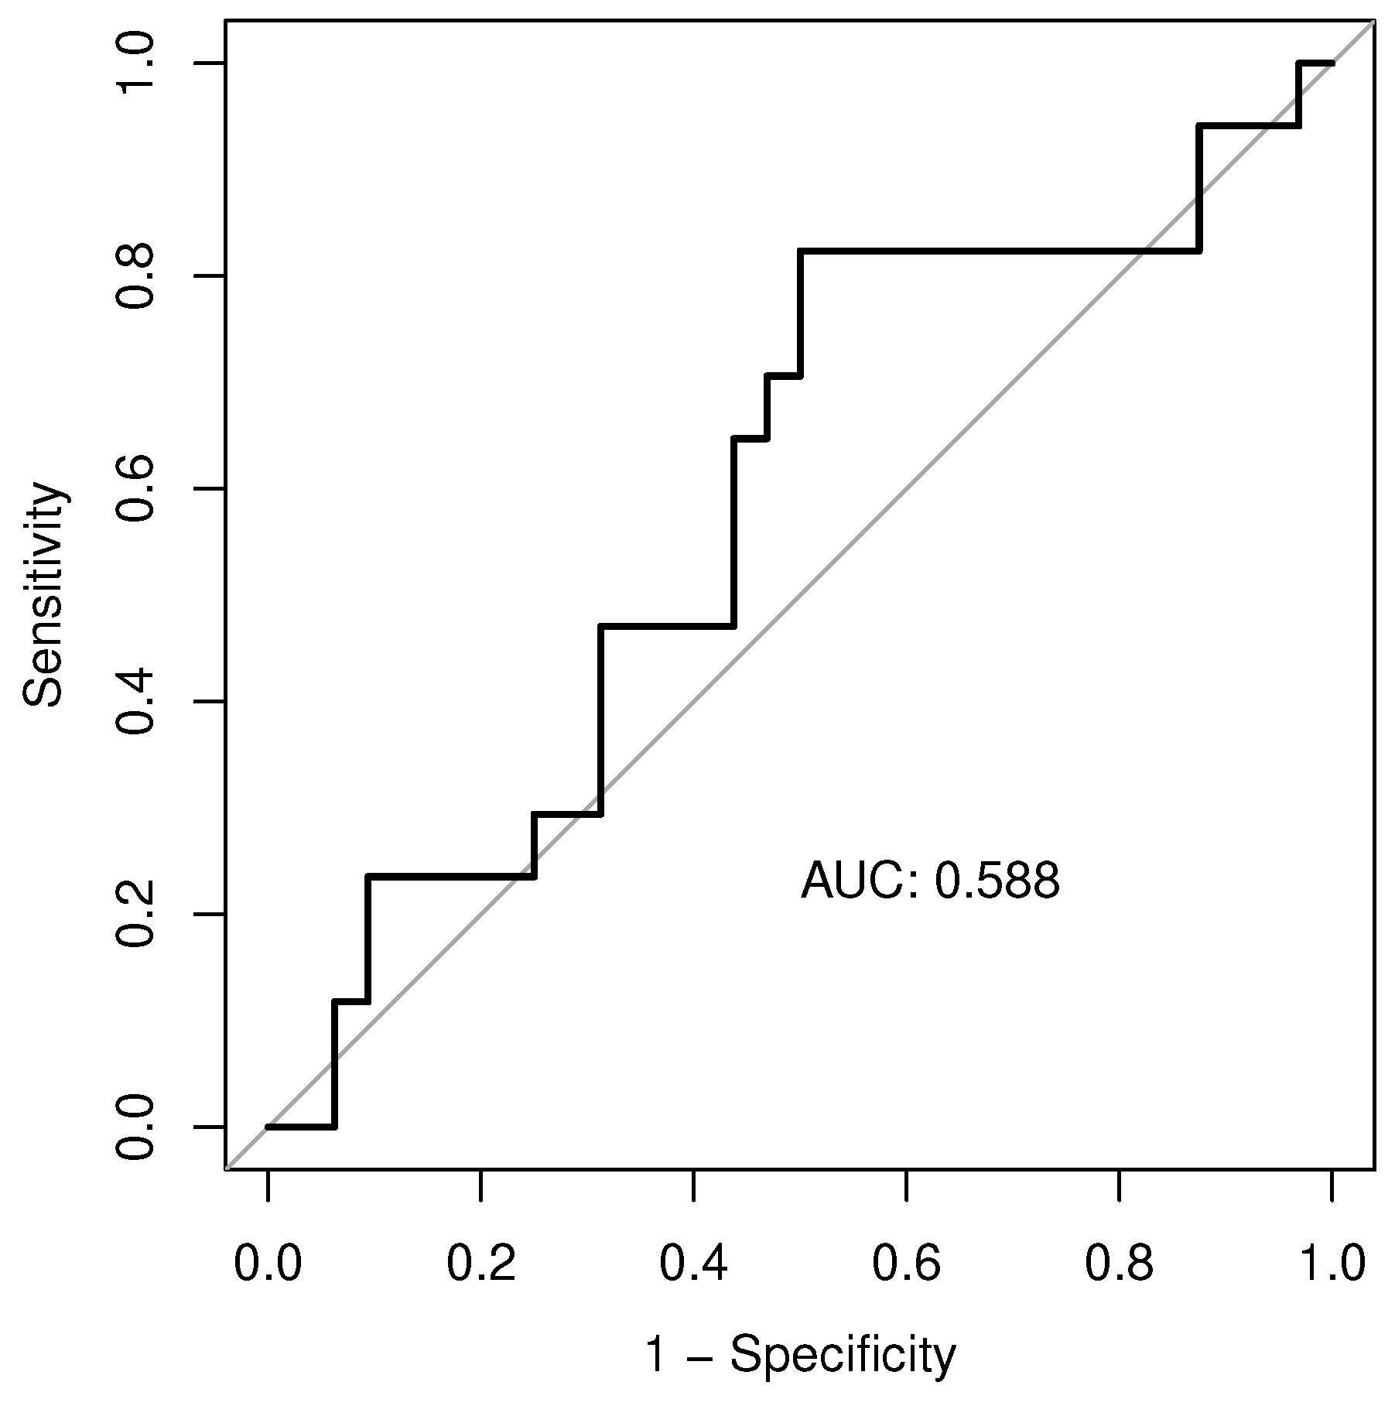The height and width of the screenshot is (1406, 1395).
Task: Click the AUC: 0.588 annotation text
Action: (930, 881)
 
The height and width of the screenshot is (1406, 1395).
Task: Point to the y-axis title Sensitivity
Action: (43, 594)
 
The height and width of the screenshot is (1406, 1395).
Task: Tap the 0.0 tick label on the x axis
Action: (268, 1265)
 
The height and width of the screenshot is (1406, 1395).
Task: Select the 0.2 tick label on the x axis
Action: (480, 1265)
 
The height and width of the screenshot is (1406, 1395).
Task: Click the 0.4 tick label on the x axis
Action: (693, 1265)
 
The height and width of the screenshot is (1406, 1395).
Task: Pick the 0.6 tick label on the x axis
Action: (906, 1265)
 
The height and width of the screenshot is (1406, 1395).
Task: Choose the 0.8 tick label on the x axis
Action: (1119, 1265)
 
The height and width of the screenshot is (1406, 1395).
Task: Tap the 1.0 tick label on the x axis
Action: (1332, 1265)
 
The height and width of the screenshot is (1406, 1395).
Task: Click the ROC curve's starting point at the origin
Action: (268, 1127)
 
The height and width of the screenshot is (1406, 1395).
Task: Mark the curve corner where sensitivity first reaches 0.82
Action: (800, 251)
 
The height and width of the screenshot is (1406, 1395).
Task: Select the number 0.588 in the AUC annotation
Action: (997, 881)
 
